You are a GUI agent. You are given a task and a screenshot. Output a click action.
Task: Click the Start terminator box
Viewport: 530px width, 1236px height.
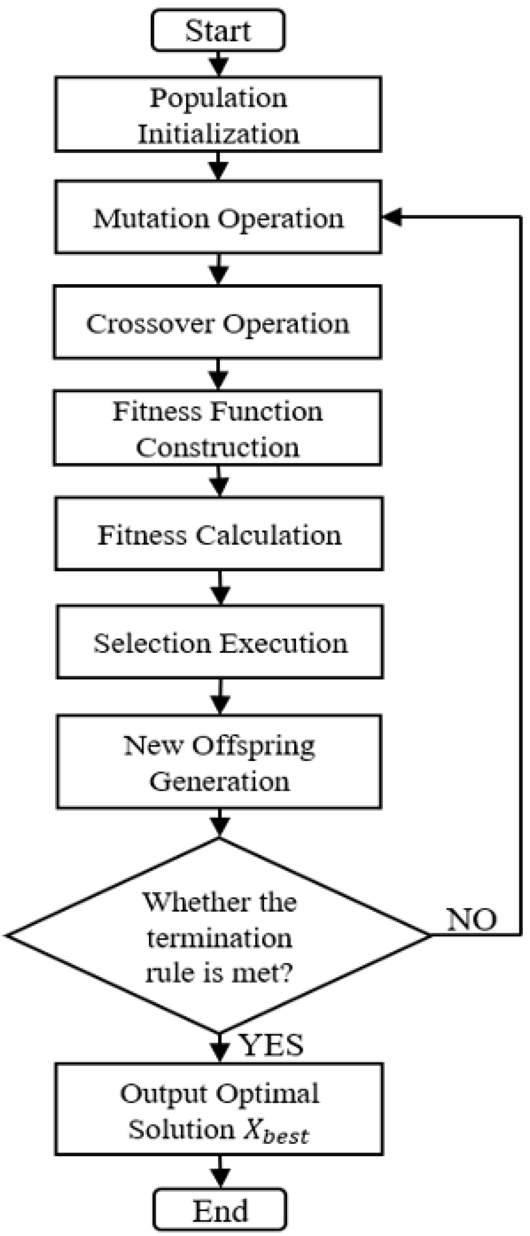coord(218,30)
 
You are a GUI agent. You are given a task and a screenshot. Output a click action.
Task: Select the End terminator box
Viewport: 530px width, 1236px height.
coord(220,1210)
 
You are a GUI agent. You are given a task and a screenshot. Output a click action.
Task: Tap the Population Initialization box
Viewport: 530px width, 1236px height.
coord(218,115)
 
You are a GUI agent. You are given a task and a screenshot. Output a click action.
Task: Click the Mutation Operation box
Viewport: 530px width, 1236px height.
coord(218,217)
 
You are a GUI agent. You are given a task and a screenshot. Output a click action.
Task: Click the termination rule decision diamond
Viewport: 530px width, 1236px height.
coord(219,936)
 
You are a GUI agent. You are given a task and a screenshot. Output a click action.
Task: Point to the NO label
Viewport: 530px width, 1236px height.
coord(472,920)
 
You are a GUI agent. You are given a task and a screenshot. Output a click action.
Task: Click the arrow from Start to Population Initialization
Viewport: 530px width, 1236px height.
coord(219,64)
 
